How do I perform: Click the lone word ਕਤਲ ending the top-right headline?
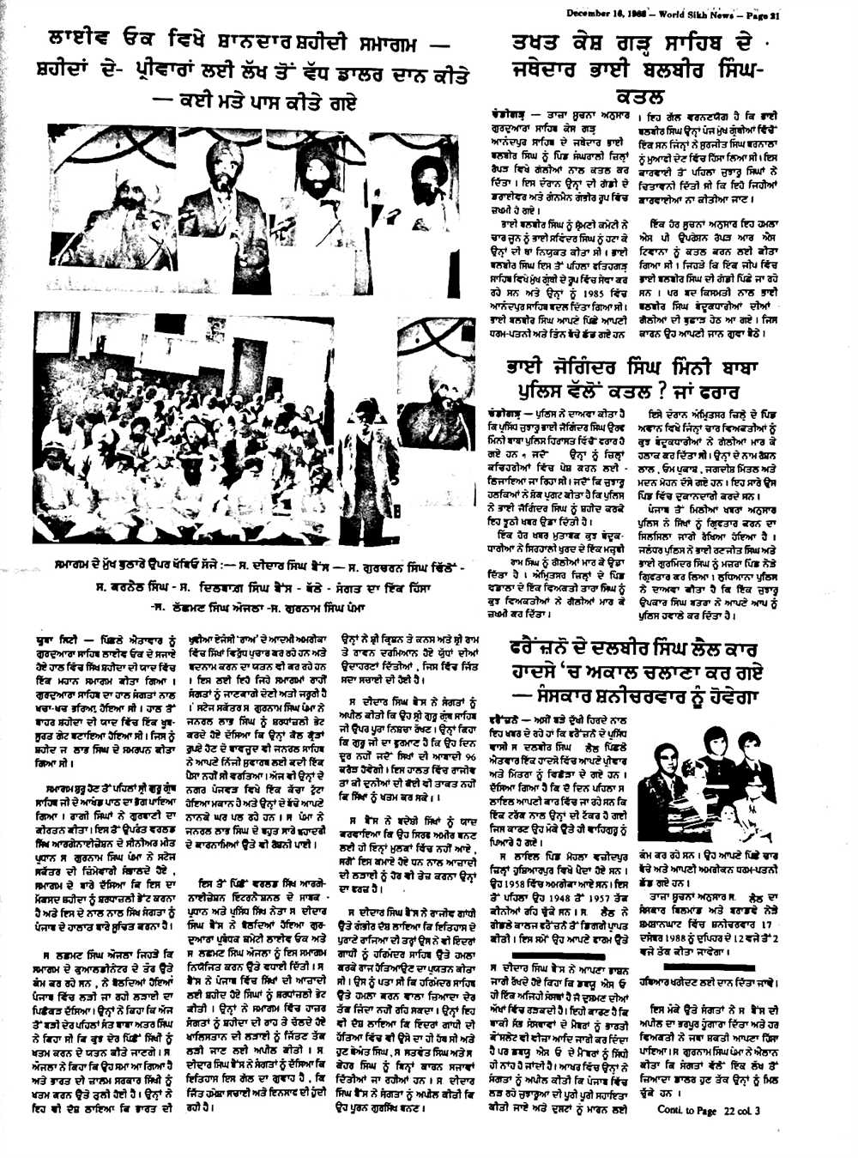point(639,95)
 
